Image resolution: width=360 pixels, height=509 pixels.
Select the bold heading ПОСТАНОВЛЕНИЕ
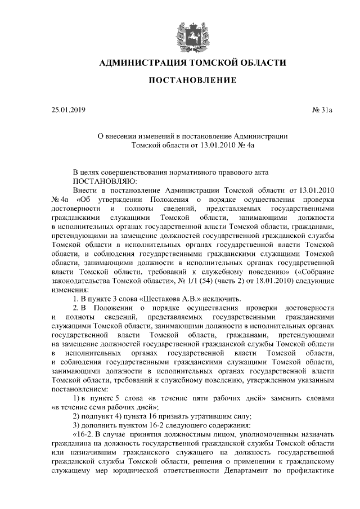coord(192,81)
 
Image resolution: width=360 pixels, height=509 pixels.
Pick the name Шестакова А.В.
coord(172,298)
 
